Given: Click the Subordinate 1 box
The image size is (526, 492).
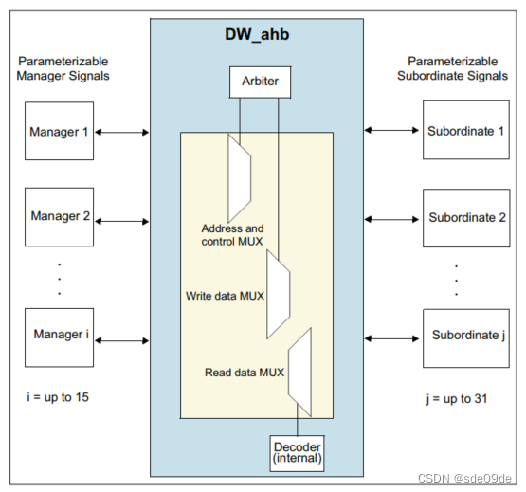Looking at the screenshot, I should click(464, 131).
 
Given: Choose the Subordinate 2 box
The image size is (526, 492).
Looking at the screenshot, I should click(464, 217).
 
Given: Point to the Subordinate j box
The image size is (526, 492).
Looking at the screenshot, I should click(464, 336).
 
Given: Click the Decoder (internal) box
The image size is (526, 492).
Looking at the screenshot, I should click(298, 453).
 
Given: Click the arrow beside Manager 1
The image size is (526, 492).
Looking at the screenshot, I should click(121, 132).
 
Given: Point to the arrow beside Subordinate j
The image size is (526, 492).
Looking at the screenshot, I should click(390, 337).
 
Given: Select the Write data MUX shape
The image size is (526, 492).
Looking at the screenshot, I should click(278, 294).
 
